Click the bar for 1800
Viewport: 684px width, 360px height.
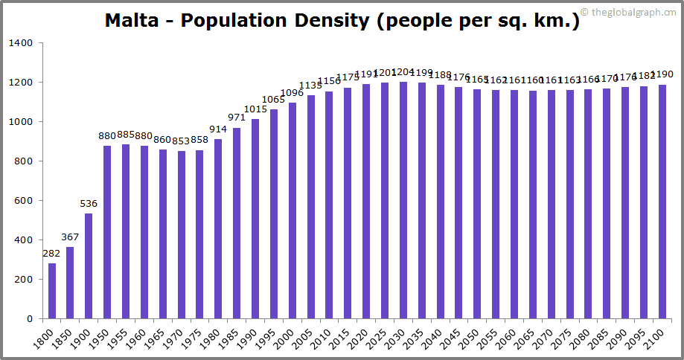(52, 291)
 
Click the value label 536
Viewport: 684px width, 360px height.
(89, 204)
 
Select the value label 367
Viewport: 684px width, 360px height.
(70, 237)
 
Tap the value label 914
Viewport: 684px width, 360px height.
(219, 129)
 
